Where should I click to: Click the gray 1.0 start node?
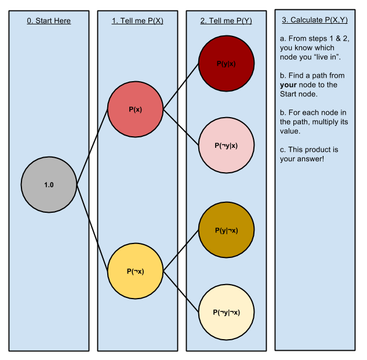pyautogui.click(x=49, y=184)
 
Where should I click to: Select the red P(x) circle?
pyautogui.click(x=135, y=109)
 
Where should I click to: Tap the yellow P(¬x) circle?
pyautogui.click(x=135, y=271)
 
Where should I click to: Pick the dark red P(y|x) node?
pyautogui.click(x=226, y=64)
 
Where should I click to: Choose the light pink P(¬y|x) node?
pyautogui.click(x=226, y=146)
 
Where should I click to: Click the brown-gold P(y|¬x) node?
pyautogui.click(x=226, y=230)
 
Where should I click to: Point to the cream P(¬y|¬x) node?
pyautogui.click(x=226, y=312)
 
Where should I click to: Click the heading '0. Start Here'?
pyautogui.click(x=49, y=21)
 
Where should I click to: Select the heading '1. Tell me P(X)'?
pyautogui.click(x=137, y=21)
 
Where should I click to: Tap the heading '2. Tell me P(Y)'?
pyautogui.click(x=226, y=21)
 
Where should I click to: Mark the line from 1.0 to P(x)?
pyautogui.click(x=92, y=147)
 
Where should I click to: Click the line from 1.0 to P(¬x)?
pyautogui.click(x=92, y=227)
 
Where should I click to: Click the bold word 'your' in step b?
pyautogui.click(x=288, y=85)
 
